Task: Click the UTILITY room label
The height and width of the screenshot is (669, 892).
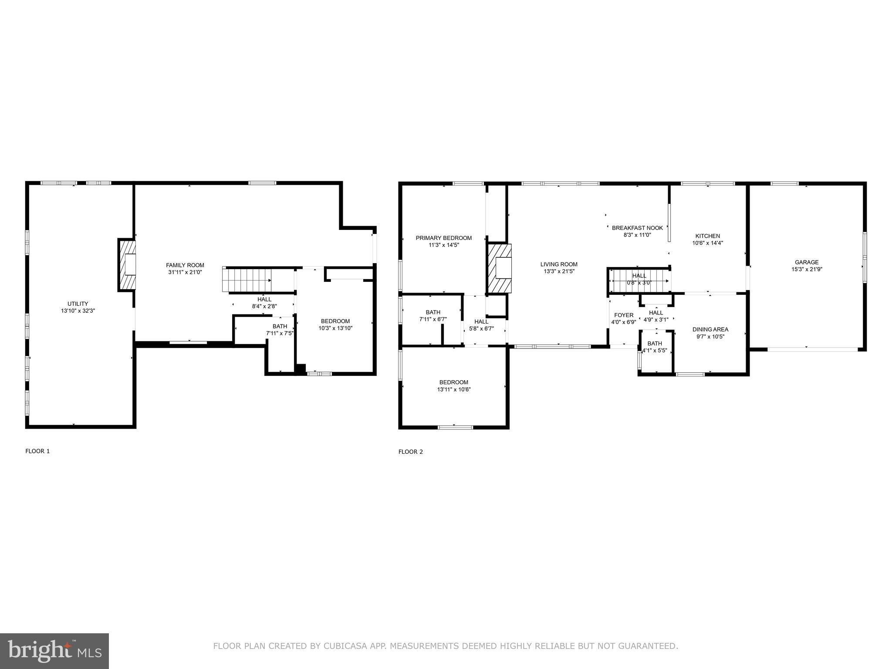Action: tap(78, 304)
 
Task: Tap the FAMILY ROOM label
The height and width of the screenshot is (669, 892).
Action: tap(185, 265)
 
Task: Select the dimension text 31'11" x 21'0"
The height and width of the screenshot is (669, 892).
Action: tap(185, 272)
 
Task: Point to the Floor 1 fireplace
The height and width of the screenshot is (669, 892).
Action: tap(127, 264)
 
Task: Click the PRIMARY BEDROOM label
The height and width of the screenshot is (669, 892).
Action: tap(444, 238)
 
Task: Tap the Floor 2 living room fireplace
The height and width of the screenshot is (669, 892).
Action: tap(499, 268)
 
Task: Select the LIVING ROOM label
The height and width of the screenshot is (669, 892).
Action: tap(559, 264)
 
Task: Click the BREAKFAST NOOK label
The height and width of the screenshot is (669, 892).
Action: tap(637, 228)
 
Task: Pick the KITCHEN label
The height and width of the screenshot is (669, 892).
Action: tap(708, 236)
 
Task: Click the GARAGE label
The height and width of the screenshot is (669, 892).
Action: tap(807, 262)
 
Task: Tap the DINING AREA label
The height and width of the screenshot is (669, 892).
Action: tap(710, 329)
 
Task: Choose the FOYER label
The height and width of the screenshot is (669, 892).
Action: tap(624, 315)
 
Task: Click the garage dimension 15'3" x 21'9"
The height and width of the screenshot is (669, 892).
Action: tap(807, 270)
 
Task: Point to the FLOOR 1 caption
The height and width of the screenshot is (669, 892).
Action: tap(37, 451)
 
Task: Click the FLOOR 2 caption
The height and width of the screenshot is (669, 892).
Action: tap(411, 452)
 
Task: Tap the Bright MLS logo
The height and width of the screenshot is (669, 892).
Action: tap(54, 651)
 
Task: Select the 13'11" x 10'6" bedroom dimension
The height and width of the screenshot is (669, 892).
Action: tap(454, 390)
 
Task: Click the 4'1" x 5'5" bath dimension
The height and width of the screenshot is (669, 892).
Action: tap(655, 350)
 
